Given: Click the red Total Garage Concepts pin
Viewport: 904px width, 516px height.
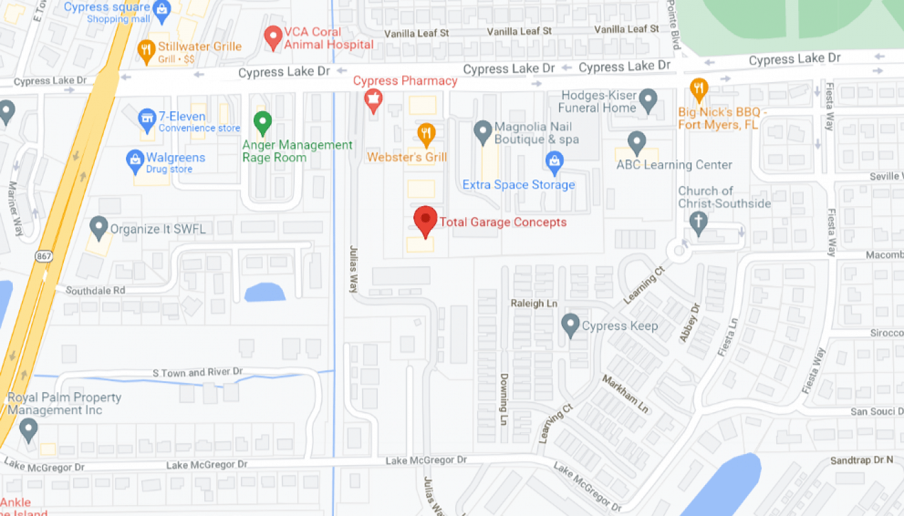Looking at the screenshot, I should click(x=426, y=220).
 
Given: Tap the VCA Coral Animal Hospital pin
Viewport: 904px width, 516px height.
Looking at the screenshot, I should click(x=274, y=37).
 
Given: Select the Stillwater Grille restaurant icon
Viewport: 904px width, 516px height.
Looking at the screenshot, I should click(x=147, y=50).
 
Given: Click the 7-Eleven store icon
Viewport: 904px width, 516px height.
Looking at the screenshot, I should click(x=147, y=118).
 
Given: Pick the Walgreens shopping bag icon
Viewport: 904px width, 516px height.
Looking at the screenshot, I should click(x=135, y=161).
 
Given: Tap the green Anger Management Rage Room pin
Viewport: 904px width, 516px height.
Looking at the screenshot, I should click(x=262, y=121).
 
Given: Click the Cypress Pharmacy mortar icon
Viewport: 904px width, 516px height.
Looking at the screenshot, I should click(x=373, y=100).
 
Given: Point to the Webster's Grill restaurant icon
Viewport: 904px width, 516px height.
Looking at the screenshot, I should click(x=426, y=134).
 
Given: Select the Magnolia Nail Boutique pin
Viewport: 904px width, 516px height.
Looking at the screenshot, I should click(x=483, y=132).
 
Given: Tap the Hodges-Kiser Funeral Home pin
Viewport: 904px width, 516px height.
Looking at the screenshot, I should click(x=648, y=100).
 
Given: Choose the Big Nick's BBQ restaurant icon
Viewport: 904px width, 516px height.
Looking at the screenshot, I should click(x=699, y=88).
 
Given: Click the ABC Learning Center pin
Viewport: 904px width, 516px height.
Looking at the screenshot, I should click(x=637, y=142).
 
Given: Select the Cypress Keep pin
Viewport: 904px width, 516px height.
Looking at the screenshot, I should click(x=570, y=324).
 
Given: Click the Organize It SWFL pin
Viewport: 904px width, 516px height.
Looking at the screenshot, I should click(x=99, y=227).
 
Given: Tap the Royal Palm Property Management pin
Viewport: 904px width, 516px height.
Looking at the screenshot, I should click(x=28, y=429).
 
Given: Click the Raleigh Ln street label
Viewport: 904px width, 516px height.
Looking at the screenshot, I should click(x=533, y=303).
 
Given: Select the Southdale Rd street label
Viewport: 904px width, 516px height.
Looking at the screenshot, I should click(x=96, y=291).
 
